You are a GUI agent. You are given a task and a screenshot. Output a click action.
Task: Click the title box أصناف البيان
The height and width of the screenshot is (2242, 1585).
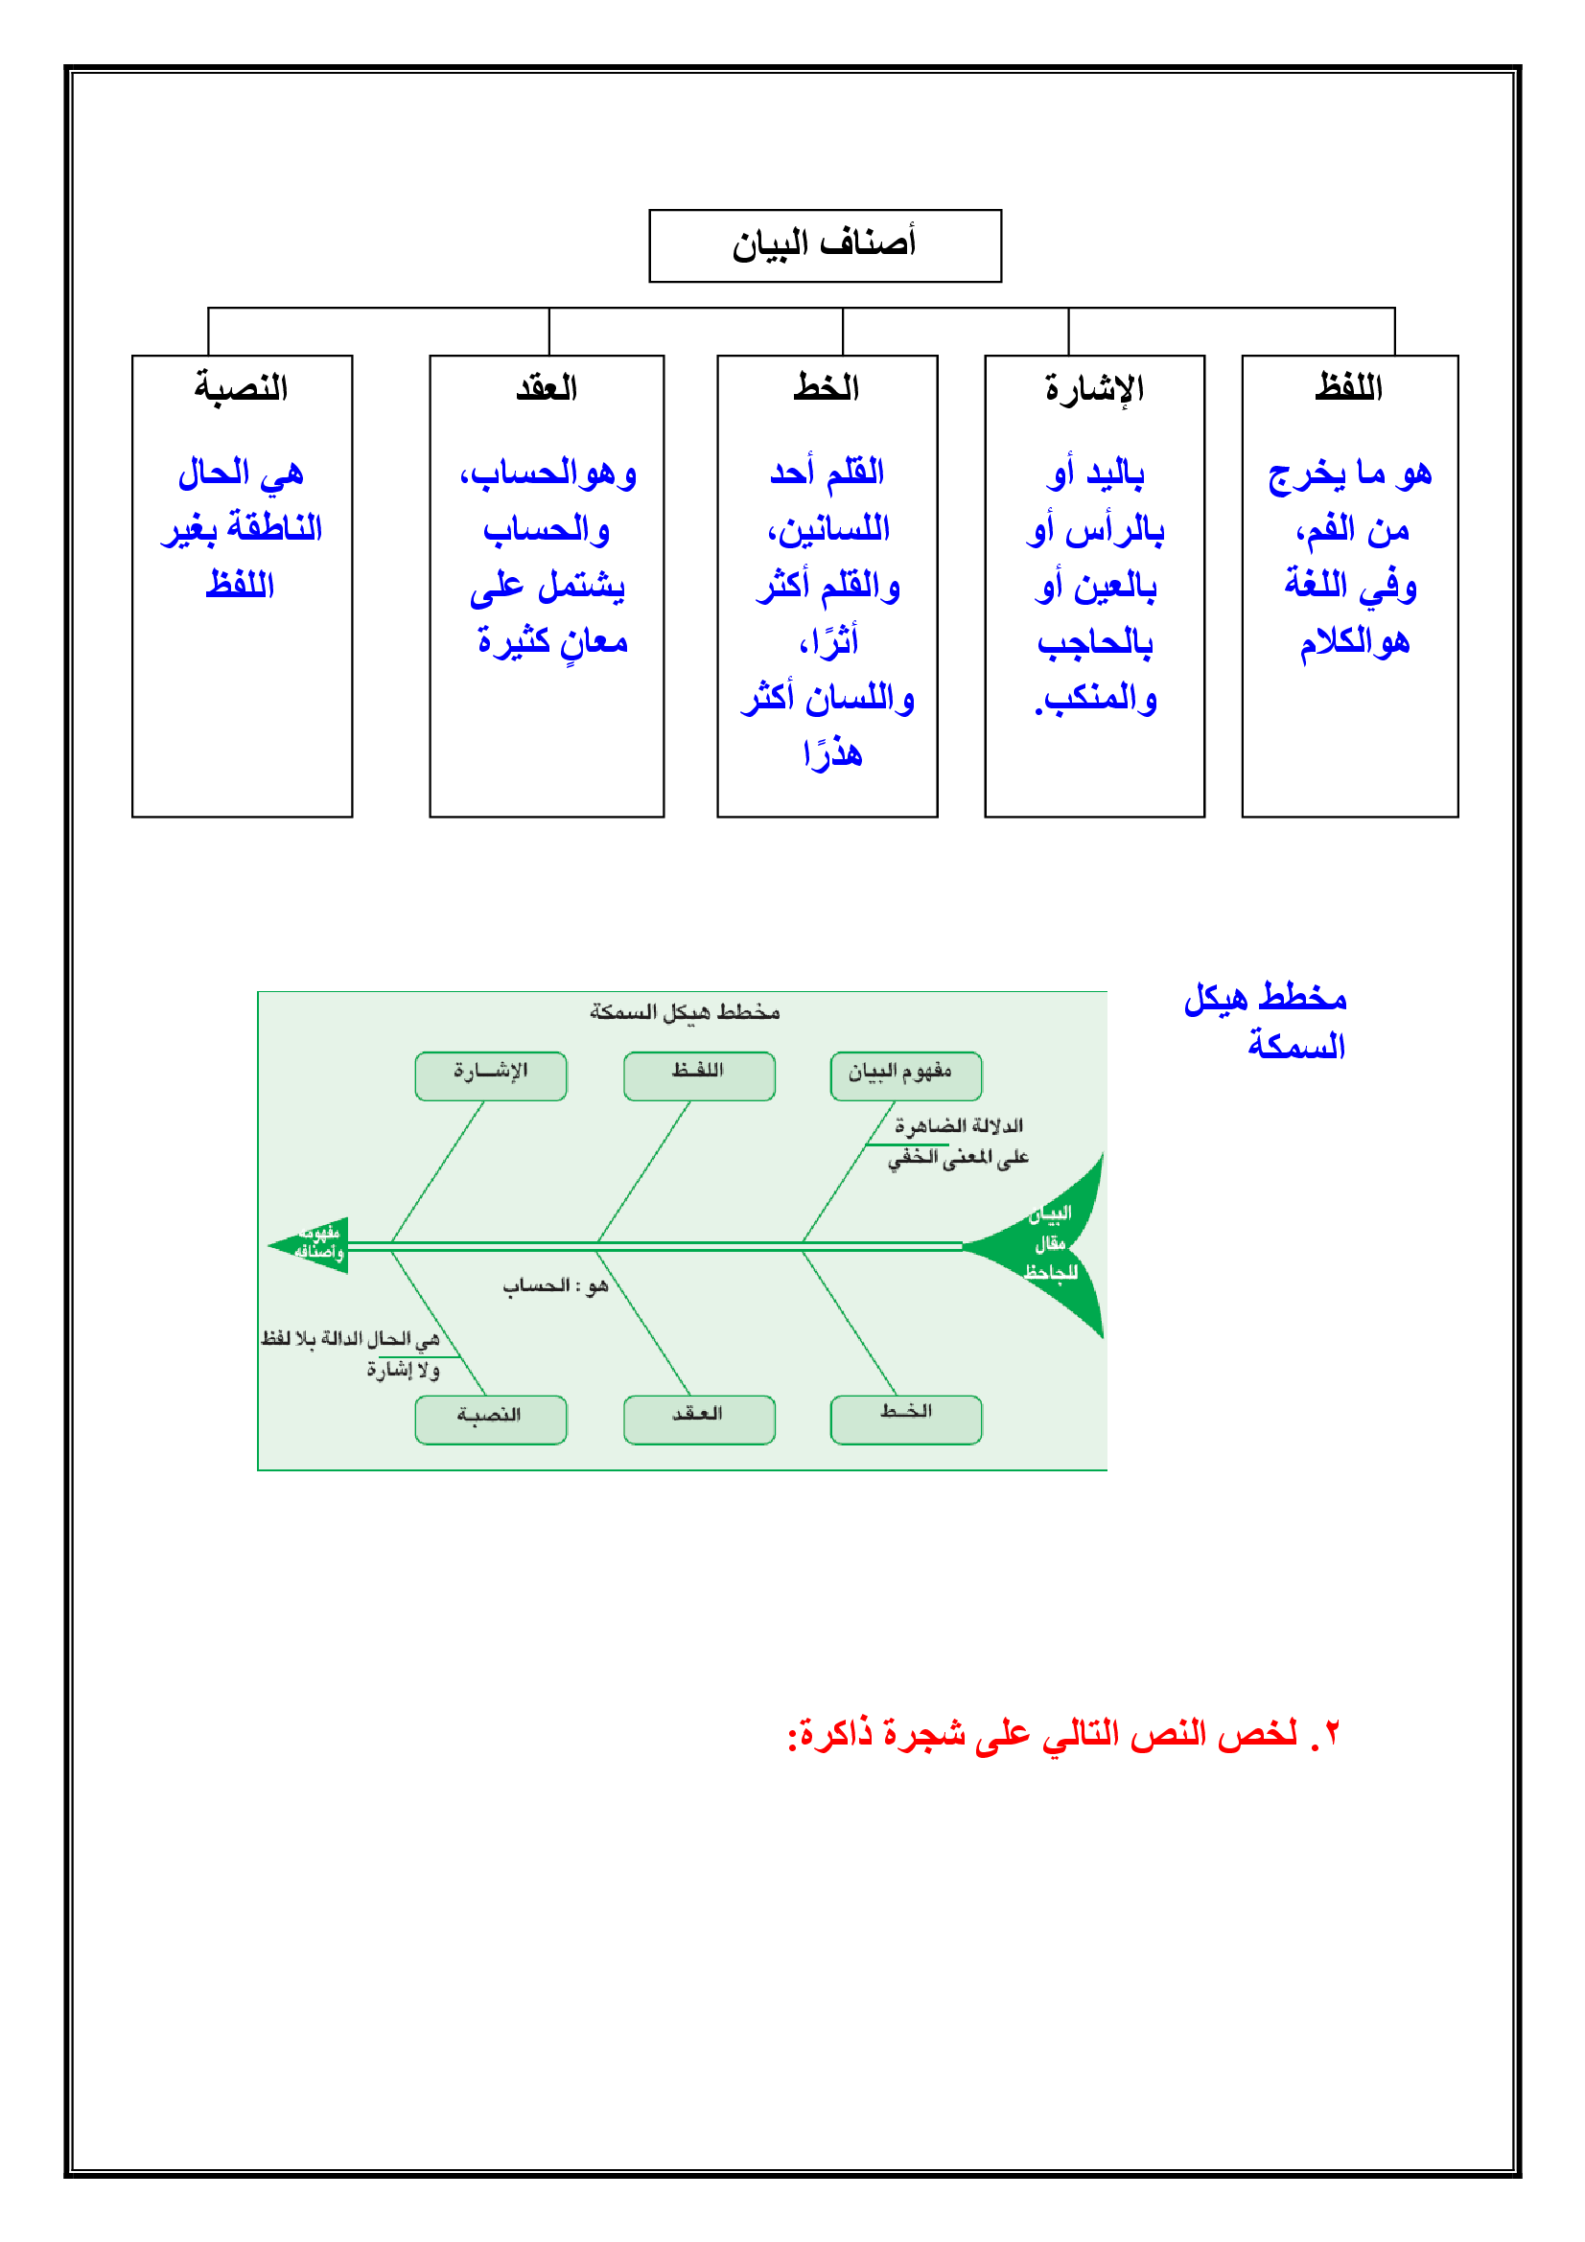click(x=825, y=245)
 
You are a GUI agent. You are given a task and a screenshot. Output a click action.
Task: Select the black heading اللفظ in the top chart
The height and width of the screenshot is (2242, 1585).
click(x=1348, y=387)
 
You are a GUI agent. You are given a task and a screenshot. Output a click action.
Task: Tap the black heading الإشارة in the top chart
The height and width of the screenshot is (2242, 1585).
click(x=1094, y=388)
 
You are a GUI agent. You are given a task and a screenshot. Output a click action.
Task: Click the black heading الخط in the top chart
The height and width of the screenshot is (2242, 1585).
click(x=827, y=387)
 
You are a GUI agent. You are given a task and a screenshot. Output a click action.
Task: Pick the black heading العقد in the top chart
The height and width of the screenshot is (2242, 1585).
click(x=546, y=388)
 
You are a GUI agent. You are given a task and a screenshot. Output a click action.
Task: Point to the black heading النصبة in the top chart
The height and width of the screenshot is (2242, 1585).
click(x=242, y=387)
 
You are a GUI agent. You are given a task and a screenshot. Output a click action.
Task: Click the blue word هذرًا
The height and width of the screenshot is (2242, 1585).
click(x=832, y=753)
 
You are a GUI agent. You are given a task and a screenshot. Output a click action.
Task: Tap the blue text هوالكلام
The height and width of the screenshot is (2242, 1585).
click(x=1354, y=641)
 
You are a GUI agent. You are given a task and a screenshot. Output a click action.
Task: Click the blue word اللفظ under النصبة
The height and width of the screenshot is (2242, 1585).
click(x=241, y=585)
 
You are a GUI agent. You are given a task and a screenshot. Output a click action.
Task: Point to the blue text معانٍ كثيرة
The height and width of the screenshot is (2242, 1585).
click(x=551, y=641)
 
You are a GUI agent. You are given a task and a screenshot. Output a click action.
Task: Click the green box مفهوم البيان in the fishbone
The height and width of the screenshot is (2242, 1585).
click(x=905, y=1075)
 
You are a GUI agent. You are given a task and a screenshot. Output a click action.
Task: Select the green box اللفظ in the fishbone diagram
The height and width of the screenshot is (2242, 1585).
click(x=698, y=1075)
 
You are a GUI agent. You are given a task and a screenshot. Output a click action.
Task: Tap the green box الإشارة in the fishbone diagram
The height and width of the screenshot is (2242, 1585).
click(x=490, y=1075)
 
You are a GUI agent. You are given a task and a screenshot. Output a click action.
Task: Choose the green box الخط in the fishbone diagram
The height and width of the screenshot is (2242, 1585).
click(x=905, y=1418)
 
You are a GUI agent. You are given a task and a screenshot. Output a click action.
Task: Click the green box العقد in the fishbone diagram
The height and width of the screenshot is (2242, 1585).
click(x=698, y=1418)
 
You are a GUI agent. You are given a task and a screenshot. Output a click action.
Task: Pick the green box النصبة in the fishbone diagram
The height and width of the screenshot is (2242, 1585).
click(x=490, y=1418)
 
